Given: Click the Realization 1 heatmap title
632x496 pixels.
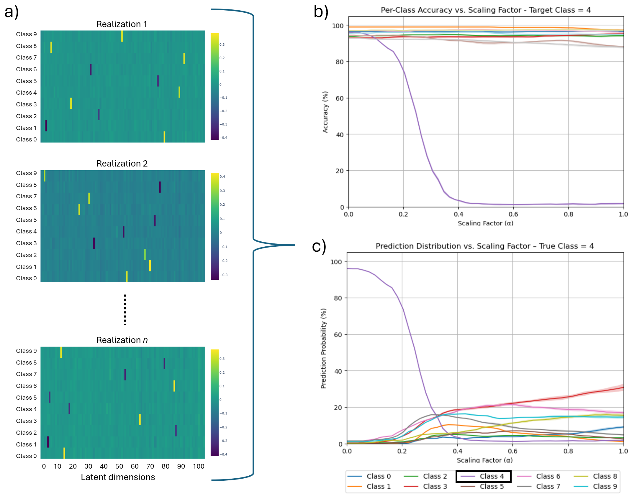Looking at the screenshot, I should (x=122, y=24).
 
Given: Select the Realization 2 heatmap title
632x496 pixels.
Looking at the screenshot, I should (x=122, y=164).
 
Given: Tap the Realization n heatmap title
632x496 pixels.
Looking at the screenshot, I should (x=122, y=340).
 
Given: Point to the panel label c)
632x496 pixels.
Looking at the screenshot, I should (x=319, y=246).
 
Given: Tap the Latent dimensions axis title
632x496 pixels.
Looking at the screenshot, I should (x=118, y=477).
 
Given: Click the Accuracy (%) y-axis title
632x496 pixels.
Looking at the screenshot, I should (x=325, y=112).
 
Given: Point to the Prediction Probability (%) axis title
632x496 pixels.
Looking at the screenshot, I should (x=323, y=348).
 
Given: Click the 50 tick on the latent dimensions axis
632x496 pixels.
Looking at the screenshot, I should (x=119, y=466).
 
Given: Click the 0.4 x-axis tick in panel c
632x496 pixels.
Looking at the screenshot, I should (x=457, y=451).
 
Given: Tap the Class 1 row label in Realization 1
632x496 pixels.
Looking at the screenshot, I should (x=26, y=128).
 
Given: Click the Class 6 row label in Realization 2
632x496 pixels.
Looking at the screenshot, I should (x=26, y=208).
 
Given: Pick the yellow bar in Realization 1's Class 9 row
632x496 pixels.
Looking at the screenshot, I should (x=122, y=36).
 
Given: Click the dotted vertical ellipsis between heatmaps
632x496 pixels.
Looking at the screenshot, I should (x=125, y=309).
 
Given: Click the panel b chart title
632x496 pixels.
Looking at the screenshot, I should (x=486, y=10).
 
